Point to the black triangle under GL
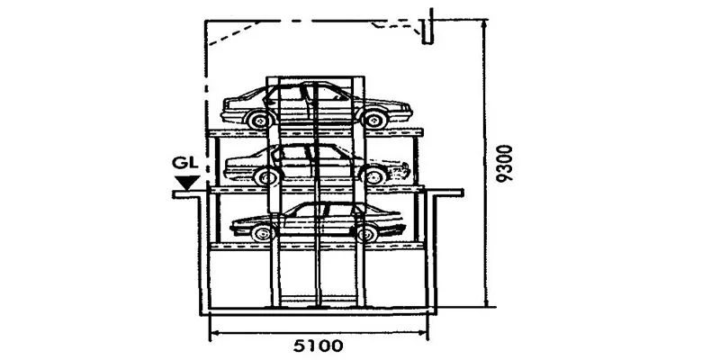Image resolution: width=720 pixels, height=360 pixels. point(187,184)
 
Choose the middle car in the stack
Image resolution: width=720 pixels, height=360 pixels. point(315,162)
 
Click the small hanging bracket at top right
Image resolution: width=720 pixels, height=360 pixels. point(430,30)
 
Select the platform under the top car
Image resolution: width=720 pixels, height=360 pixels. point(315,131)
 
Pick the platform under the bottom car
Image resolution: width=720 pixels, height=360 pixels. point(315,245)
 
